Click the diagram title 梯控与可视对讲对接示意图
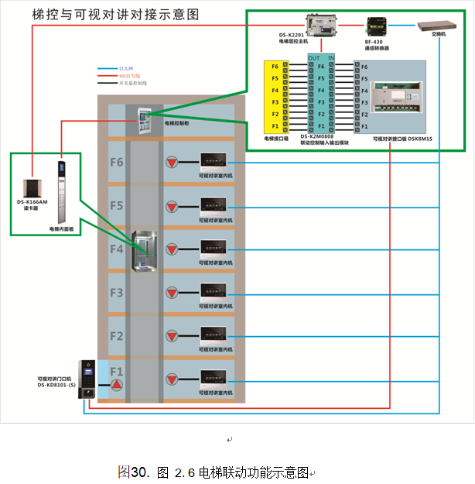coord(116,15)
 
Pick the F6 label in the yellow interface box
coord(275,67)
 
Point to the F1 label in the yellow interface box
coord(275,125)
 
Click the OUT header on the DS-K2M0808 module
coord(313,58)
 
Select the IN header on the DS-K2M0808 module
coord(332,58)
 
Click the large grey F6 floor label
coord(116,163)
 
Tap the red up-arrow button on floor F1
coord(116,385)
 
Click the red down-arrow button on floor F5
coord(172,207)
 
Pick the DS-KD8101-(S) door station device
coord(89,379)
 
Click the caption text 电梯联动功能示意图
coord(253,472)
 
